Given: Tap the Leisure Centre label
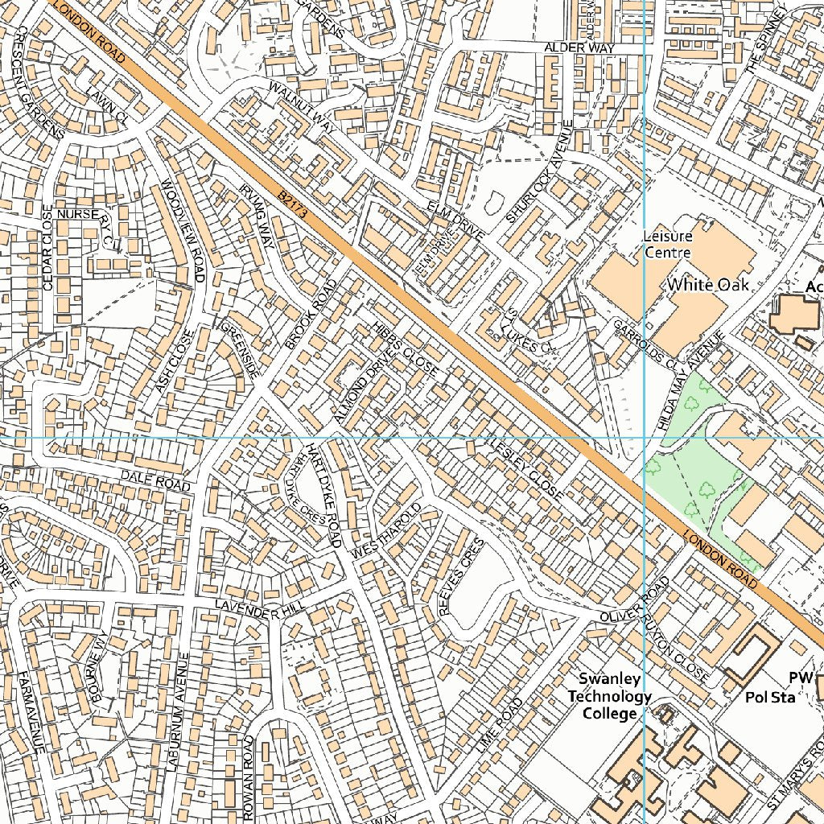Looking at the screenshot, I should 667,245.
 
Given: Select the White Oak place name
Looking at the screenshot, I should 708,285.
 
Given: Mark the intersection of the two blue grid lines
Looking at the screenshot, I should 645,438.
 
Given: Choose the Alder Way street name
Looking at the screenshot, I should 579,48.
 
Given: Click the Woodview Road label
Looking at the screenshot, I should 183,232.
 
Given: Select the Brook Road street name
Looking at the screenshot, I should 310,315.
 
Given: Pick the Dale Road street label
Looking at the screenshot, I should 155,480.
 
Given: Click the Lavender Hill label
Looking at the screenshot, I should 249,609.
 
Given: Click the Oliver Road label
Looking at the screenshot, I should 634,599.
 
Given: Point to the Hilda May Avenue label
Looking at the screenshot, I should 692,383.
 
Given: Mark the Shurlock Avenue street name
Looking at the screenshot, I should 539,172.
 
